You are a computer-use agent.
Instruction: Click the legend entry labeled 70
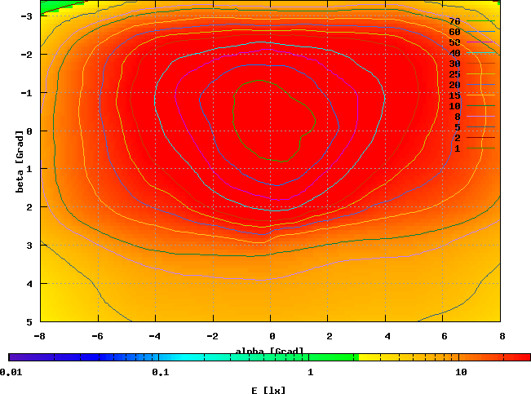point(454,21)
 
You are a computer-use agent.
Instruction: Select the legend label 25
point(454,74)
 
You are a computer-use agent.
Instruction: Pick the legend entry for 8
point(457,117)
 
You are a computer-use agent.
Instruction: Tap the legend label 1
point(458,148)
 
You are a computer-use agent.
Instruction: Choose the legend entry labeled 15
point(454,95)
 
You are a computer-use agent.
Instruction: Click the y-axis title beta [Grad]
point(19,161)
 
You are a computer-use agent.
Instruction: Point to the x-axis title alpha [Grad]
point(270,352)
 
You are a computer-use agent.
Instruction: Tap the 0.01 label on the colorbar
point(11,372)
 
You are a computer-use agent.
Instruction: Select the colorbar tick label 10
point(461,372)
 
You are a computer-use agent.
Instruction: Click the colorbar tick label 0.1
point(160,372)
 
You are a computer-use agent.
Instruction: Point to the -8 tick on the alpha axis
point(39,335)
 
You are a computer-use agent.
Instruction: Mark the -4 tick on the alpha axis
point(155,335)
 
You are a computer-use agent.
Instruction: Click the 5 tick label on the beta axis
point(29,321)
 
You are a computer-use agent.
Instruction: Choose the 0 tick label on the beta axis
point(29,131)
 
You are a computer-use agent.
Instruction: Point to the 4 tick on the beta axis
point(29,283)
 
